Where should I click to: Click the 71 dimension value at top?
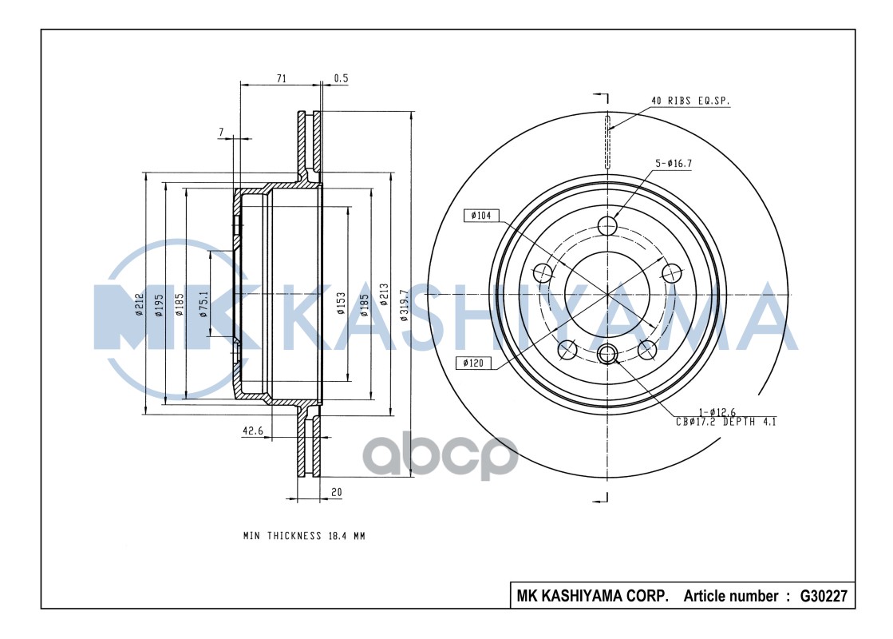tap(280, 78)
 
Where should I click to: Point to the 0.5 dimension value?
tap(341, 78)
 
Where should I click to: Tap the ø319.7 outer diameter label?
tap(405, 304)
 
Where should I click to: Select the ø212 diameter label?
tap(139, 304)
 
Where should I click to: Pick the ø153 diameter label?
tap(341, 304)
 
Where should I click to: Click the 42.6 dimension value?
tap(253, 431)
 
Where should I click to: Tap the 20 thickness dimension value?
tap(336, 493)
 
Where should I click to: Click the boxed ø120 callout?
tap(473, 363)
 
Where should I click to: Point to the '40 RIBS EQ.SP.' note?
tap(690, 101)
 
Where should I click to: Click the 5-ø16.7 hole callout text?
tap(674, 164)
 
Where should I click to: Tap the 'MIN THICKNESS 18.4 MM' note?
tap(304, 536)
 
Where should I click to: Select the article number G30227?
tap(822, 597)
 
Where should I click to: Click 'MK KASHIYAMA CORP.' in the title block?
tap(592, 597)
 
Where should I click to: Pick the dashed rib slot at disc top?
tap(608, 141)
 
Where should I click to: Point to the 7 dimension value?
tap(221, 130)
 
